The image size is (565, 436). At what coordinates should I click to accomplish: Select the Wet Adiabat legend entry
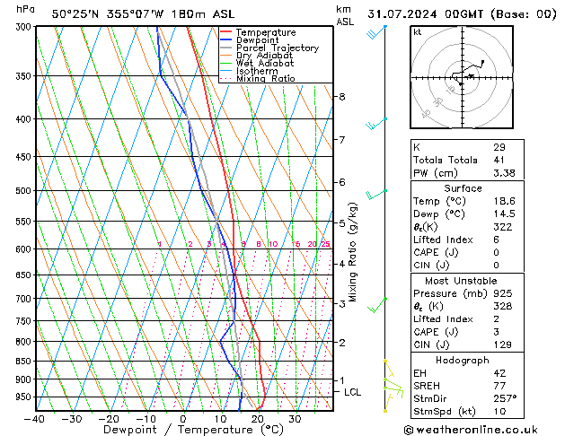[268, 64]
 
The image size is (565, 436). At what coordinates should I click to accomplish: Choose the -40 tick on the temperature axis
[36, 419]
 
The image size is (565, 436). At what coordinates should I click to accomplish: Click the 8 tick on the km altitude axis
[342, 97]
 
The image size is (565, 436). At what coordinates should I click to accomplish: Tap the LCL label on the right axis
[353, 392]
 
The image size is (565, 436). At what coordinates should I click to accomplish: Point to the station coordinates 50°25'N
[75, 13]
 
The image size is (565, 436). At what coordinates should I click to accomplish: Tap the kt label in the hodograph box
[417, 32]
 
